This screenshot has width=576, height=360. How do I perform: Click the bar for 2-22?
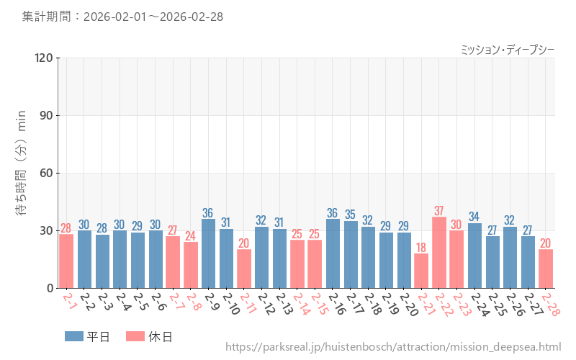pos(439,252)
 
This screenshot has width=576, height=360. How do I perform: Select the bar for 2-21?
pos(421,271)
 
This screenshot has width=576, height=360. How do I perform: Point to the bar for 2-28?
pos(546,269)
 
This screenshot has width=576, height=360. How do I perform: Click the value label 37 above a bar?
pos(439,211)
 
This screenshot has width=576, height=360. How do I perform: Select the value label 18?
pos(421,248)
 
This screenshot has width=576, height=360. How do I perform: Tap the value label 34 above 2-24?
pos(474,217)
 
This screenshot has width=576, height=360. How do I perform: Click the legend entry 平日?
pos(87,336)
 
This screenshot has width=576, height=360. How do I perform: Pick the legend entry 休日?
pos(149,336)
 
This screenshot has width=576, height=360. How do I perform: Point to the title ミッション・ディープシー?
pos(507,50)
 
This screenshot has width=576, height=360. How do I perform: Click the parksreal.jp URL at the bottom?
pos(393,348)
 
